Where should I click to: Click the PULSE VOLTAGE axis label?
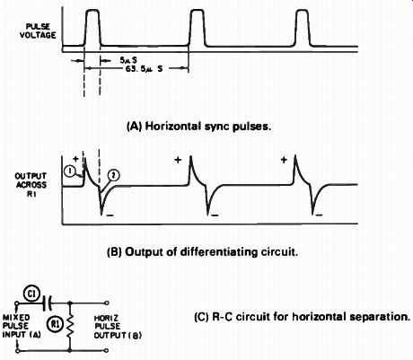click(x=38, y=31)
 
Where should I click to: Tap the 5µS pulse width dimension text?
click(x=128, y=60)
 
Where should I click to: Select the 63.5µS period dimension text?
click(x=144, y=69)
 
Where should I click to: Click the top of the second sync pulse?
click(x=198, y=11)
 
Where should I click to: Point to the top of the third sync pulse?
click(x=302, y=11)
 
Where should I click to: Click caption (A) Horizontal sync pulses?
click(x=199, y=127)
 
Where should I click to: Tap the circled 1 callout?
click(x=70, y=171)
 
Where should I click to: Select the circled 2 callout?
click(x=114, y=176)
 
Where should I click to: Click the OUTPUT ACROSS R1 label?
click(x=31, y=185)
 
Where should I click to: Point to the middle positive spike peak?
click(x=190, y=156)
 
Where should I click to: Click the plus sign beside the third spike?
click(x=284, y=160)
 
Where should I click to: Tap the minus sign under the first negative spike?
click(x=110, y=215)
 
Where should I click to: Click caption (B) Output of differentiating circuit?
click(x=203, y=252)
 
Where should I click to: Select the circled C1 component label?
click(x=31, y=294)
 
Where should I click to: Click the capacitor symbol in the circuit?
click(x=48, y=303)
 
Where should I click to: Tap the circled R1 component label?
click(x=55, y=324)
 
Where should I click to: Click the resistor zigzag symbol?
click(x=70, y=327)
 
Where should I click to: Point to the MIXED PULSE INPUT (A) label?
click(x=22, y=326)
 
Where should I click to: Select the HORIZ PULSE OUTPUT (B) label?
click(x=118, y=327)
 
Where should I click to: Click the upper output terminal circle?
click(x=107, y=303)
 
